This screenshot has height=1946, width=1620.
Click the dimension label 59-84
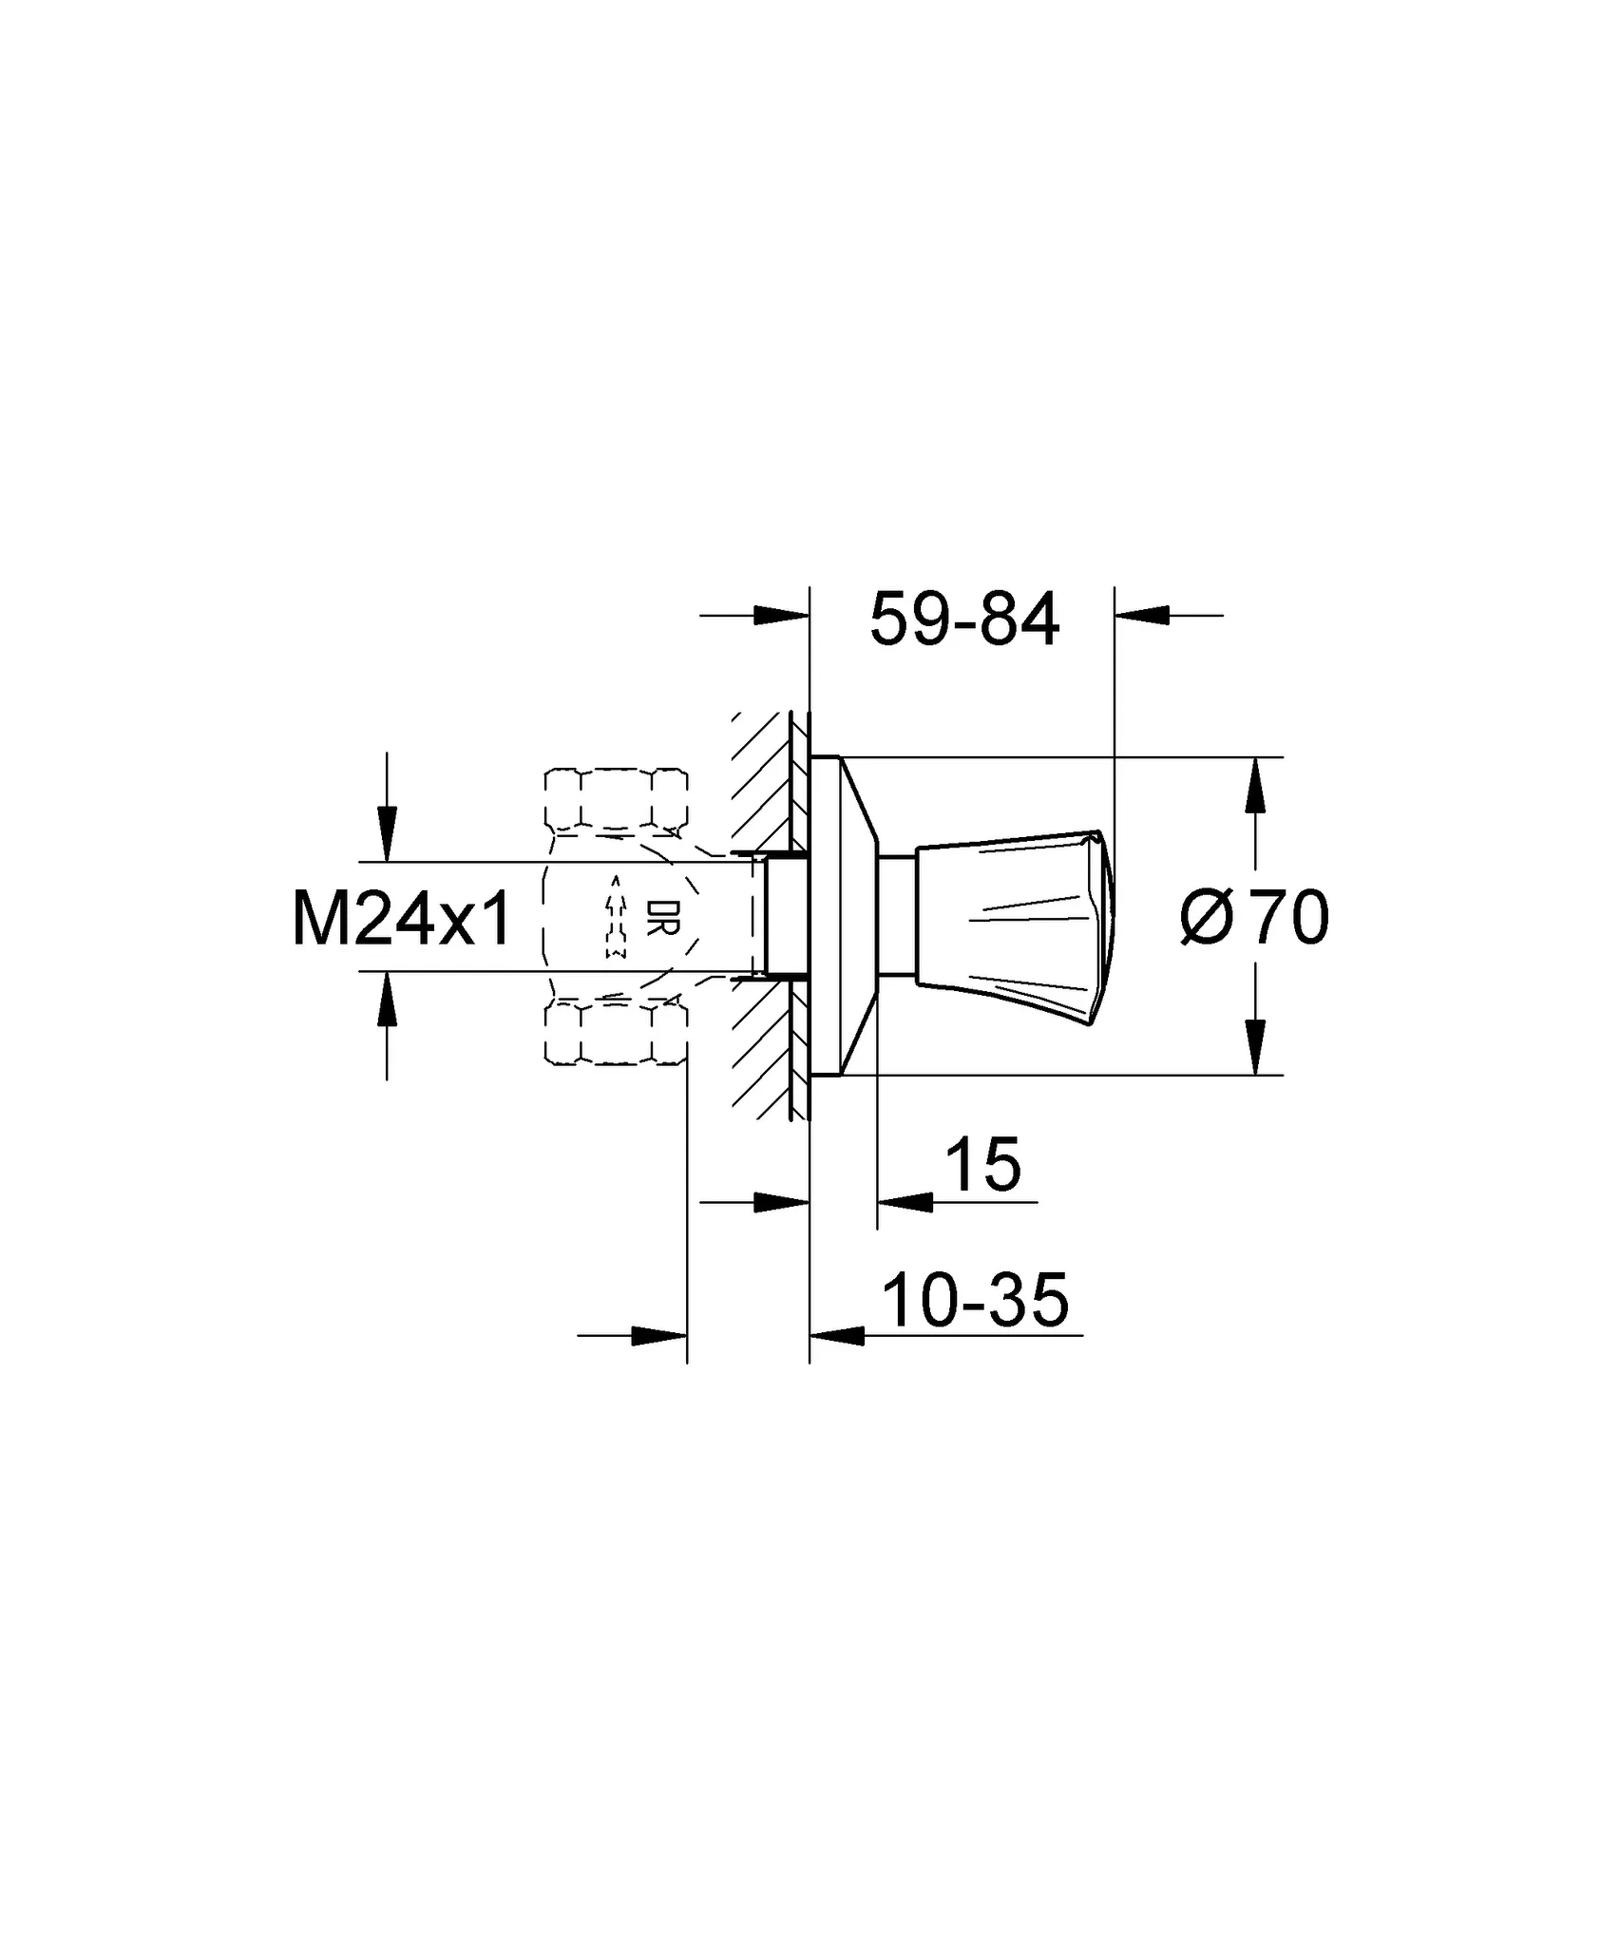click(964, 620)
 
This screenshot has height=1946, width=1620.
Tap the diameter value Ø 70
click(1253, 917)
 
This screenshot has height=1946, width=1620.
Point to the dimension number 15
click(983, 1164)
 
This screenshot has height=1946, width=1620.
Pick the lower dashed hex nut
click(616, 1034)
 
